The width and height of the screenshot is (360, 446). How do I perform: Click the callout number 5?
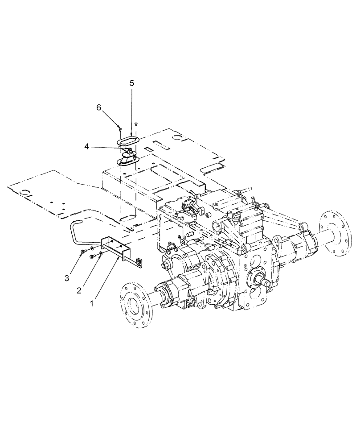[132, 83]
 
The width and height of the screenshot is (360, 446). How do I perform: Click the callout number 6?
[99, 107]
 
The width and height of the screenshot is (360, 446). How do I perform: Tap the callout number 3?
[67, 278]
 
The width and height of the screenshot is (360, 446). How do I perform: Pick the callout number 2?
[79, 291]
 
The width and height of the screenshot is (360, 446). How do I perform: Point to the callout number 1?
[92, 303]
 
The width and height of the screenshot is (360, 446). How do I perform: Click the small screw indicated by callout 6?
[121, 128]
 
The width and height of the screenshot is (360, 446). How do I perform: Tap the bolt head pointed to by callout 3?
[83, 253]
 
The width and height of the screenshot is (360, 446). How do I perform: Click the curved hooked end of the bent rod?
[76, 223]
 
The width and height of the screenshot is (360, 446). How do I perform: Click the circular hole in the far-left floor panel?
[25, 193]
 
